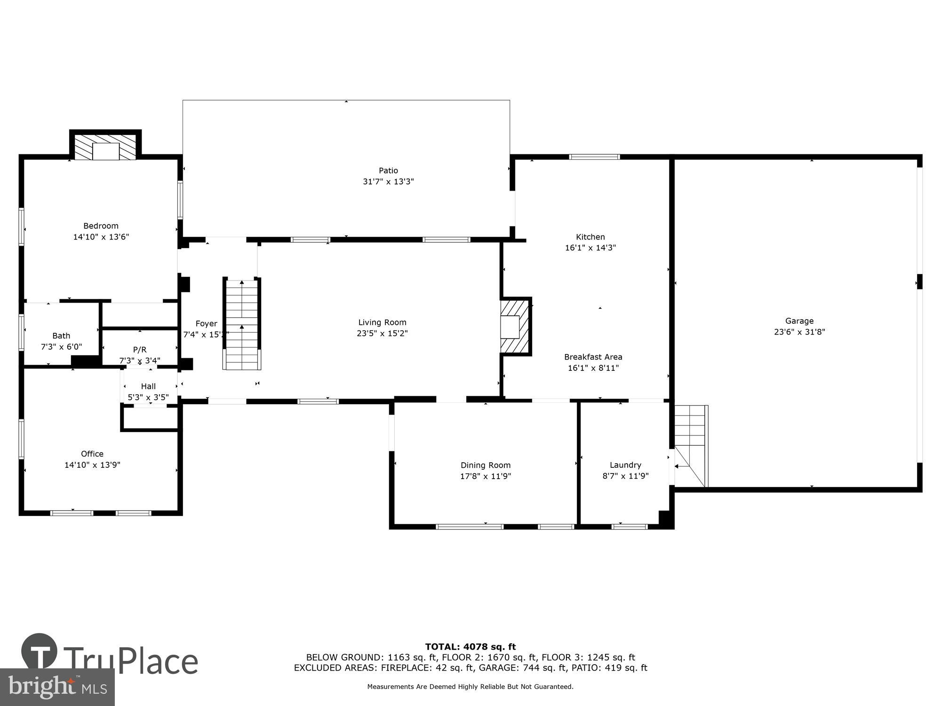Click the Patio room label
point(388,170)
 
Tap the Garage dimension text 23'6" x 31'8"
point(799,332)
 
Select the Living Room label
point(382,322)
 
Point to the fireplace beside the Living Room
point(515,326)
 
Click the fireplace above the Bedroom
point(106,147)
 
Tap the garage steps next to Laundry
point(690,445)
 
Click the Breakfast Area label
point(593,357)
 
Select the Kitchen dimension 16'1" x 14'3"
point(590,248)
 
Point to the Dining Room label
point(485,465)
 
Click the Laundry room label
point(625,465)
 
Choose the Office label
point(92,454)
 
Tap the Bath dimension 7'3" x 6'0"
point(61,347)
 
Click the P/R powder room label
point(140,350)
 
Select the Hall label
point(148,386)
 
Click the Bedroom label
point(101,226)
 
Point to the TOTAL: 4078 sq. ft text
point(470,647)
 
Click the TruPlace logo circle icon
point(40,651)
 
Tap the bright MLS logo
point(57,687)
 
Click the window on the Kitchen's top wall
point(594,157)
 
